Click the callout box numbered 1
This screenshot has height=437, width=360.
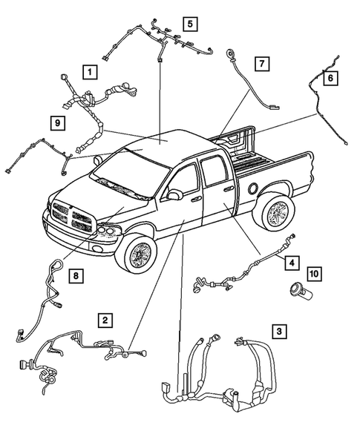(89, 72)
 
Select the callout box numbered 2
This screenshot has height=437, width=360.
(107, 320)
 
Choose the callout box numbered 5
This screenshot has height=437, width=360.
(190, 24)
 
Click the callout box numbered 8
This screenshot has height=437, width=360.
(74, 276)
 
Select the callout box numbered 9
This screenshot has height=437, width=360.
(57, 122)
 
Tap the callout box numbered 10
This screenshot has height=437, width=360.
(314, 275)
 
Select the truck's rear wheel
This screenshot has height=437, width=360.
(278, 214)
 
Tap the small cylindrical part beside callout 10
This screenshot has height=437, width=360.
(301, 291)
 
